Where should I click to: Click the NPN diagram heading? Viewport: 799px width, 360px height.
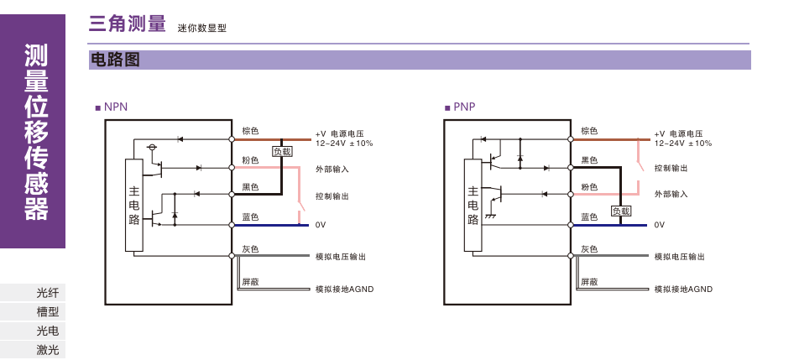point(113,107)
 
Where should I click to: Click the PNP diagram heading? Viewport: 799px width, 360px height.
point(461,107)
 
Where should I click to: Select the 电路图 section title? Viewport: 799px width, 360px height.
point(113,60)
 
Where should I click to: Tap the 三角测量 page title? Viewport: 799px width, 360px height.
point(127,24)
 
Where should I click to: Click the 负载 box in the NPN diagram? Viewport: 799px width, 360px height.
point(282,152)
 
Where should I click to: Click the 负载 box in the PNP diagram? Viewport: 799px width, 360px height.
point(620,211)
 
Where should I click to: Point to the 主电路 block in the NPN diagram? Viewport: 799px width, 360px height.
point(133,205)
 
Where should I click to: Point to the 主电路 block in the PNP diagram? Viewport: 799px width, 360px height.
point(473,205)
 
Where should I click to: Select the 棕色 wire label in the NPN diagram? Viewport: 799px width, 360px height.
point(250,131)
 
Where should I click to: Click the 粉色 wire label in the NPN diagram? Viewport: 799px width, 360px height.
point(250,159)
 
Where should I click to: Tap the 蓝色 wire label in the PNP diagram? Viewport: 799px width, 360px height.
point(589,217)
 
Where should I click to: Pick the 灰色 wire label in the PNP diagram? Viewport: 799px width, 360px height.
point(589,249)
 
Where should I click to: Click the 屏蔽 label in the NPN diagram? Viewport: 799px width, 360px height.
point(250,281)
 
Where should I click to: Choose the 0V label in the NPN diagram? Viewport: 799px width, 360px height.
point(321,225)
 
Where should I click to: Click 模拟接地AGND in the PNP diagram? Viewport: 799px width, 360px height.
point(683,289)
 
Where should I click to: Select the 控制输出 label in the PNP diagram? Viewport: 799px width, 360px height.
point(671,169)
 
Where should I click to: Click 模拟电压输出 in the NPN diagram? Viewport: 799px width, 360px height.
point(340,256)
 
